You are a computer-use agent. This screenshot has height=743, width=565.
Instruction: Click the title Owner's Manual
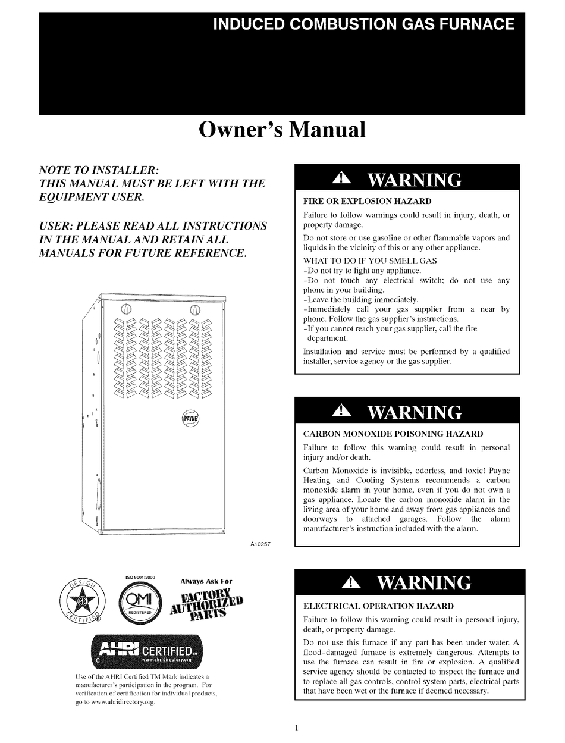tap(282, 130)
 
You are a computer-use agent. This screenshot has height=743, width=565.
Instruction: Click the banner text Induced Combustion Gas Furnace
tap(364, 24)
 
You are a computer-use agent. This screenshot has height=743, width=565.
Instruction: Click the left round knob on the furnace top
tap(126, 309)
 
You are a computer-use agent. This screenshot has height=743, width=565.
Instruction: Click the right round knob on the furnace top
tap(194, 309)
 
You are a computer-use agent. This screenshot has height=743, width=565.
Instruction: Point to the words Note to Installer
tap(99, 170)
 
